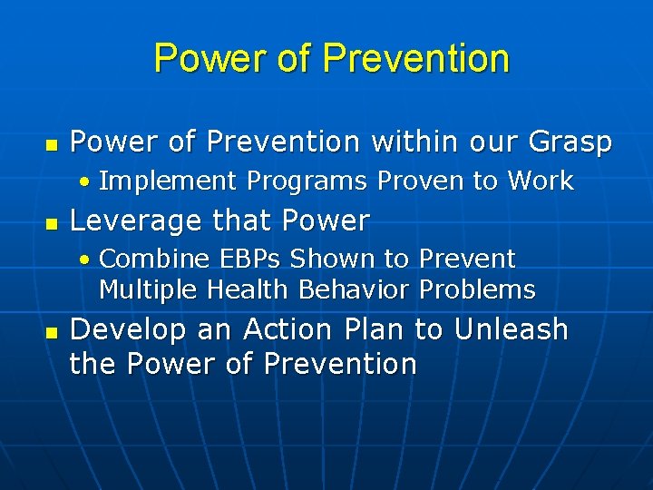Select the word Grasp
click(574, 142)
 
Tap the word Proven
click(419, 181)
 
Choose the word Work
click(541, 181)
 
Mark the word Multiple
click(149, 290)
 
